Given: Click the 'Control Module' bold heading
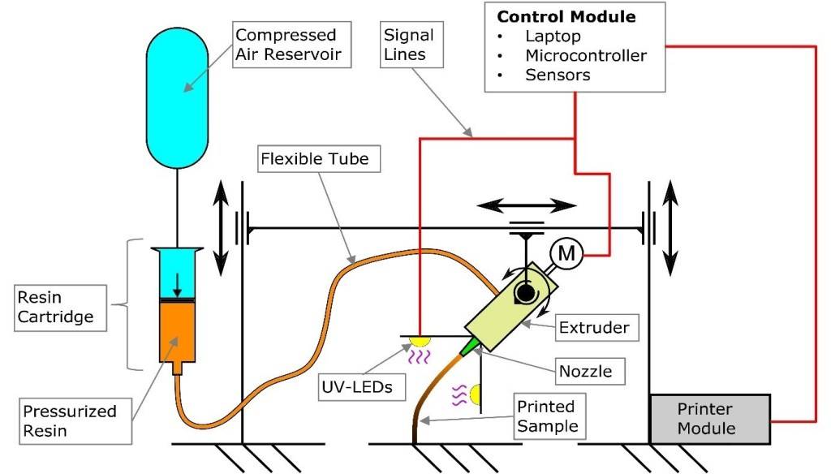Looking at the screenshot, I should (566, 17).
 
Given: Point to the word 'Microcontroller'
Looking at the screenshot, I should (586, 56).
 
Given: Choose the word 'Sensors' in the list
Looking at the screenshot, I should (558, 75).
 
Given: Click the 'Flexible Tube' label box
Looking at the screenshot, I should (314, 158).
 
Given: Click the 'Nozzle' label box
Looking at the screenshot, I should (585, 372).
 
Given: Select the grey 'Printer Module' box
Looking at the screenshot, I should (711, 420).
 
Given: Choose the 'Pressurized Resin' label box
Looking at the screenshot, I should (70, 421).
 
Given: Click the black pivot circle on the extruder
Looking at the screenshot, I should (525, 293).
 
